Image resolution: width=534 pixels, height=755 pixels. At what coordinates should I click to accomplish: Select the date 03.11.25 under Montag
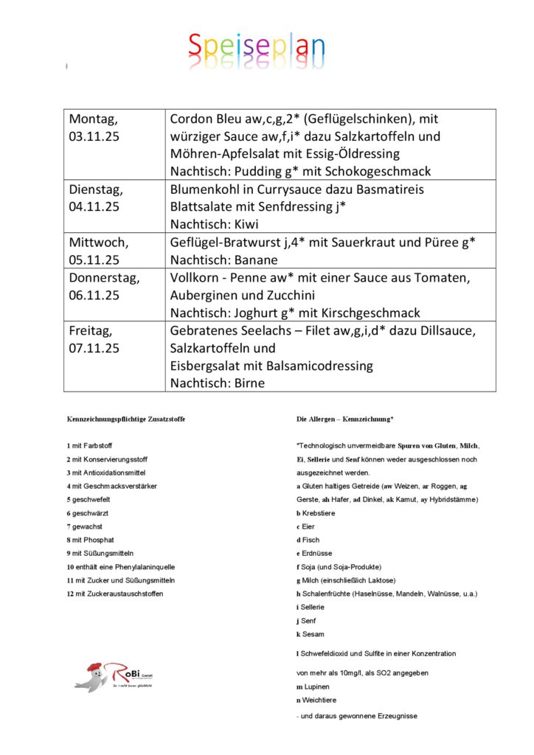[94, 136]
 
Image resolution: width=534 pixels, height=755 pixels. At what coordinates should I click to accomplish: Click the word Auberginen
[204, 295]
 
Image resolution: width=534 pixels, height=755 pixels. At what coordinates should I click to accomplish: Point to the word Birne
[246, 383]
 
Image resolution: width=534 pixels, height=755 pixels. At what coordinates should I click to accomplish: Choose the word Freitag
[92, 330]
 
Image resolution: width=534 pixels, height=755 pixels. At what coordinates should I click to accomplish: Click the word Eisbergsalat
[207, 366]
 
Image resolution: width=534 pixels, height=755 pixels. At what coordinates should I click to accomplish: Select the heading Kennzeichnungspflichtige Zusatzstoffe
[126, 419]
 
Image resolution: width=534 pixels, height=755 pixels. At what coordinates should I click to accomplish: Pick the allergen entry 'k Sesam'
[309, 634]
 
